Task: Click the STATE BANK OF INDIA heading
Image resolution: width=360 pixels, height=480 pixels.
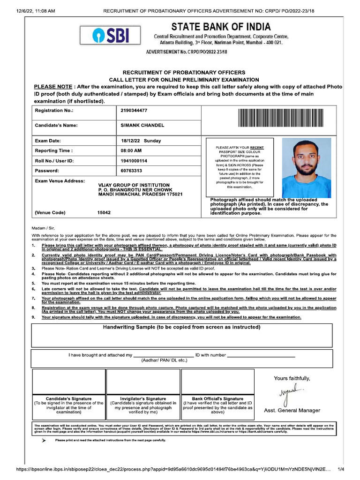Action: (x=221, y=27)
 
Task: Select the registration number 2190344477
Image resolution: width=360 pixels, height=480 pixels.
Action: (x=134, y=111)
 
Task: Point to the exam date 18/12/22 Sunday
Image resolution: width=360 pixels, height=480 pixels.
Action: (x=141, y=141)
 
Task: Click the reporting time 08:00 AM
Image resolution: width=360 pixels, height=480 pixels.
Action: (x=131, y=151)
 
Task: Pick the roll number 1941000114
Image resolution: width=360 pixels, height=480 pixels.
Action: (x=134, y=161)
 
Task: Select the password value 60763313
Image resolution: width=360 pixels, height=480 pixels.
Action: (x=131, y=171)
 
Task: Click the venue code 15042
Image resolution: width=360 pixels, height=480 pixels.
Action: (x=104, y=212)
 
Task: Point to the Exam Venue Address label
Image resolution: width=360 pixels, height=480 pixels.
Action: (x=60, y=181)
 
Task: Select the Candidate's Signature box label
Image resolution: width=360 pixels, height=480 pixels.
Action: (x=68, y=399)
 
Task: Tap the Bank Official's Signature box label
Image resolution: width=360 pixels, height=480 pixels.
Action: (x=217, y=399)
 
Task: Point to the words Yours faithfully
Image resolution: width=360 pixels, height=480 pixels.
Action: (x=292, y=378)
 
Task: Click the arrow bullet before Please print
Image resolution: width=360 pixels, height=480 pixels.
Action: (x=43, y=441)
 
